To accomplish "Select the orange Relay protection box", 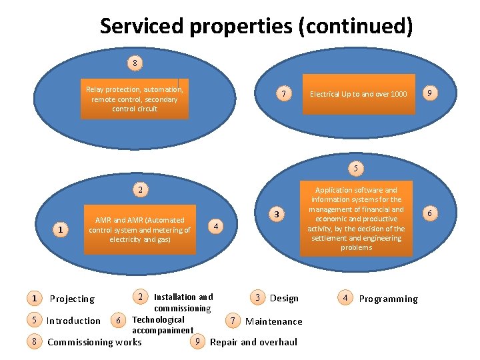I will [135, 99].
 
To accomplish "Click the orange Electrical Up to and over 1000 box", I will [358, 94].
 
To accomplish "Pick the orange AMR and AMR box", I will [140, 229].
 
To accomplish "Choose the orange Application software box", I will [356, 219].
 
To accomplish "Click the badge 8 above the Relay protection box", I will [135, 64].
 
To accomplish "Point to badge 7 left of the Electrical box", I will [284, 94].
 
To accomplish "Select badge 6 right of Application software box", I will [431, 213].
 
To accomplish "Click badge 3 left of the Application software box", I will [277, 215].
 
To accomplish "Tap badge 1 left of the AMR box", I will [61, 230].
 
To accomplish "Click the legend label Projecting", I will [72, 299].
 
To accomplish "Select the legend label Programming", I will [388, 299].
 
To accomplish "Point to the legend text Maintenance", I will [273, 321].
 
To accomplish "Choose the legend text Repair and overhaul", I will [253, 342].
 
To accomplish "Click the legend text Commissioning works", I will [95, 342].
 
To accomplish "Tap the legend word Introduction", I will [73, 321].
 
